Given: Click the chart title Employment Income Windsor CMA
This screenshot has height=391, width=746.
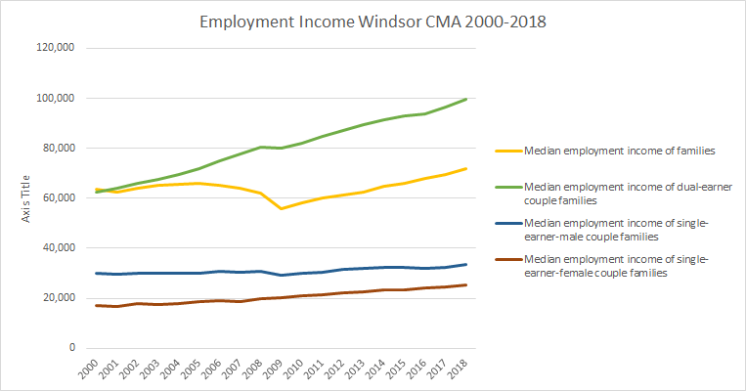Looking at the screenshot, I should tap(373, 21).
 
